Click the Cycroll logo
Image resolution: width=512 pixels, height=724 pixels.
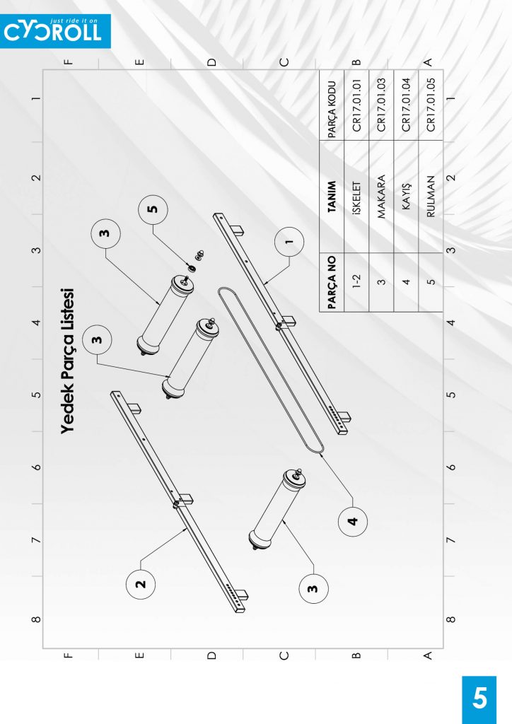(x=55, y=31)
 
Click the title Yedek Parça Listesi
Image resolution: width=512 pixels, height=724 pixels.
(x=67, y=361)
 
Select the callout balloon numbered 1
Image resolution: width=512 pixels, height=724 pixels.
(x=289, y=242)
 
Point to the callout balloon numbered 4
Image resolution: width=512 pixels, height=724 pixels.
(x=353, y=521)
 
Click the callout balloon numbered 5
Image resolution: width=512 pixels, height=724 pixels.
(x=153, y=209)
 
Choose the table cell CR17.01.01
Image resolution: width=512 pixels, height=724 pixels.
(x=356, y=105)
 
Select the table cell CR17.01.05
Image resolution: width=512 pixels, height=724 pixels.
(x=431, y=105)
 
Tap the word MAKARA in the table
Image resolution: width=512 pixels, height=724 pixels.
(x=381, y=197)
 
